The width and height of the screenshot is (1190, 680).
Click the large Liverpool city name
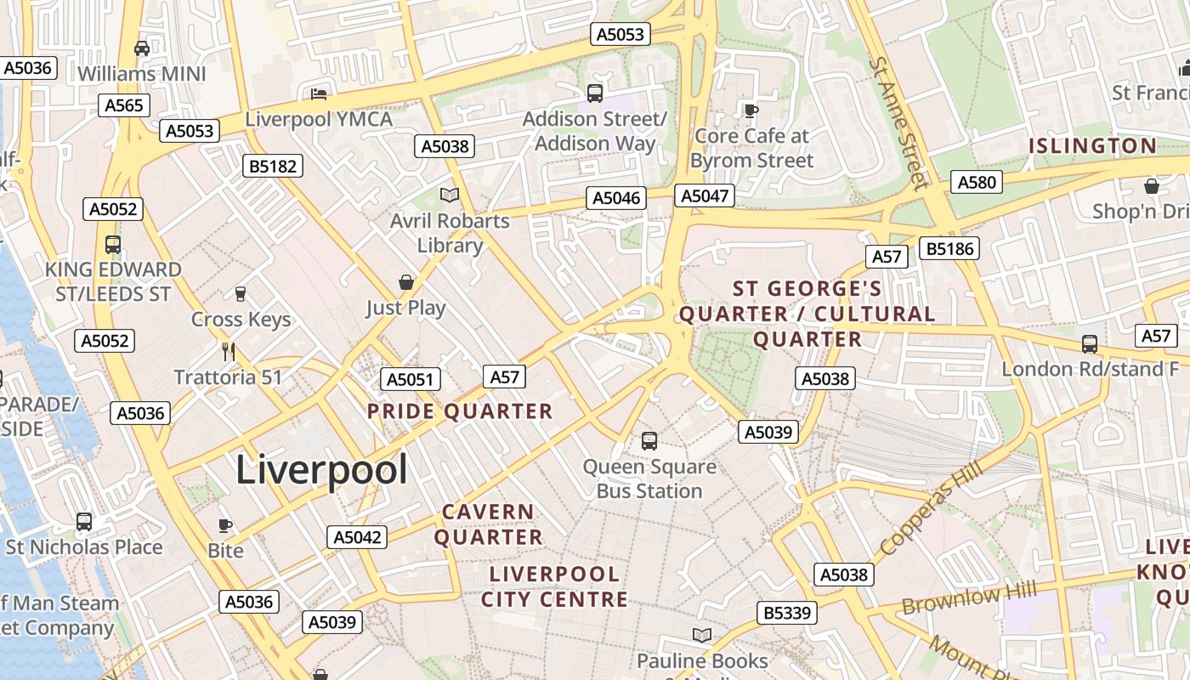(x=321, y=469)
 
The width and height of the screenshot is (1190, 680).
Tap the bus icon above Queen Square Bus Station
(x=649, y=440)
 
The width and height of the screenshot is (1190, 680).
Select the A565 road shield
(x=125, y=105)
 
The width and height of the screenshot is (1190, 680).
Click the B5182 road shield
(x=273, y=166)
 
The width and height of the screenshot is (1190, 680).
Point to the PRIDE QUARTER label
(x=460, y=411)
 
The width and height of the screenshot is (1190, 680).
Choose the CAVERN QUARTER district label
(x=488, y=524)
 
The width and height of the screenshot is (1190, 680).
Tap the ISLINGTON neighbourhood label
(x=1092, y=145)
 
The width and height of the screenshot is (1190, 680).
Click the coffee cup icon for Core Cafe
(x=751, y=110)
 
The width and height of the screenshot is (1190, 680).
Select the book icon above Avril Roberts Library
(x=450, y=195)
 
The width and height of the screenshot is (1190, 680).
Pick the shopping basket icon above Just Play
(x=406, y=282)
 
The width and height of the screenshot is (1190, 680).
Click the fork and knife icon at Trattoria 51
(x=228, y=351)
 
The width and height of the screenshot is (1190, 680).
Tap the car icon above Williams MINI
(x=142, y=48)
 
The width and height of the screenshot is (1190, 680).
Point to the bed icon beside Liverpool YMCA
(x=319, y=93)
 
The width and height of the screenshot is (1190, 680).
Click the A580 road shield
(x=976, y=182)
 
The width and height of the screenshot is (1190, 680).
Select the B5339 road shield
(x=787, y=613)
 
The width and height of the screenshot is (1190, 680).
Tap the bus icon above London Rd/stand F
(x=1090, y=343)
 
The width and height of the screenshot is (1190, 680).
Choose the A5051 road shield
(x=410, y=379)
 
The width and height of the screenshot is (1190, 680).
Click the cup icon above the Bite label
(x=225, y=524)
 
